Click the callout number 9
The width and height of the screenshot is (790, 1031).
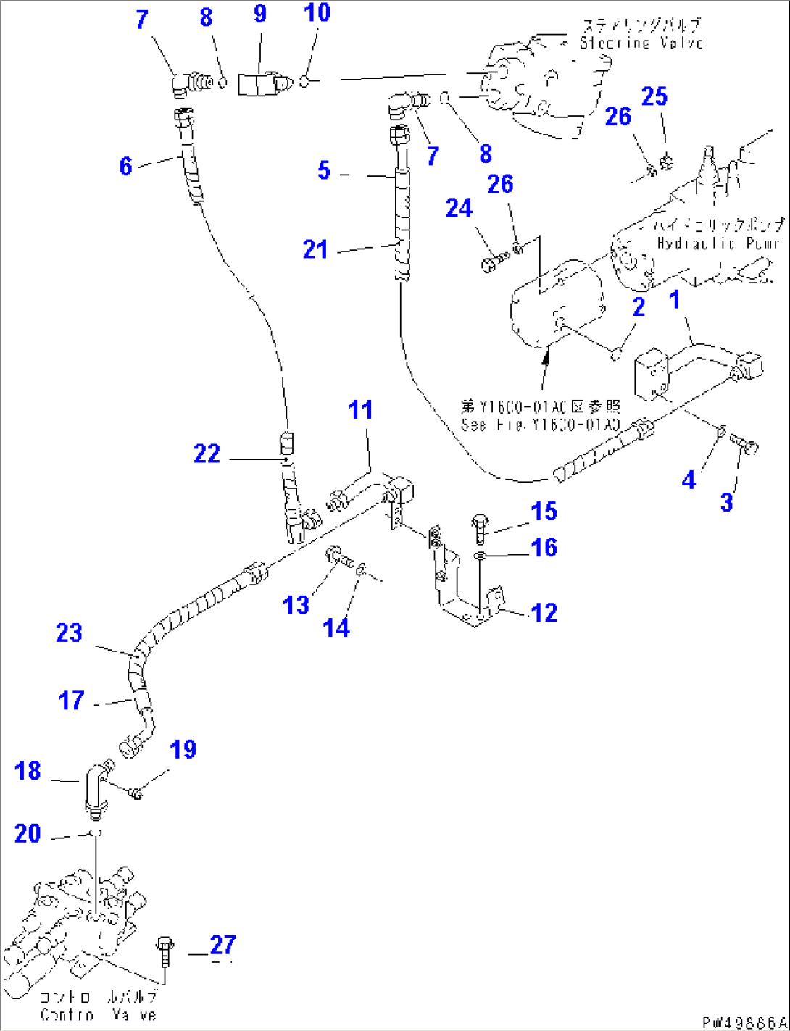point(259,14)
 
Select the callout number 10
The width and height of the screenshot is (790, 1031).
point(317,12)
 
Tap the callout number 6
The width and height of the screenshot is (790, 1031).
point(126,166)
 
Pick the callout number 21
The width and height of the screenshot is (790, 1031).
point(315,249)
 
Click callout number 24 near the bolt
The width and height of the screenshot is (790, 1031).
point(459,209)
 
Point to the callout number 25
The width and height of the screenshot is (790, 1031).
point(654,96)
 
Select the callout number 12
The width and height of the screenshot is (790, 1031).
point(544,613)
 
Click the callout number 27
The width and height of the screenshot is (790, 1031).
point(223,945)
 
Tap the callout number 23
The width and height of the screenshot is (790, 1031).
point(70,633)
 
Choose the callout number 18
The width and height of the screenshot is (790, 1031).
point(28,771)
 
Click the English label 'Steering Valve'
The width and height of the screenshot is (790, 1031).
point(641,43)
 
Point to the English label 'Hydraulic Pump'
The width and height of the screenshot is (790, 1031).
point(718,243)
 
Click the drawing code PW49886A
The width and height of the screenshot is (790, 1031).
point(742,1022)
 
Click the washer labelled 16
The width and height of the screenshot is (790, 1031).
point(479,556)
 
